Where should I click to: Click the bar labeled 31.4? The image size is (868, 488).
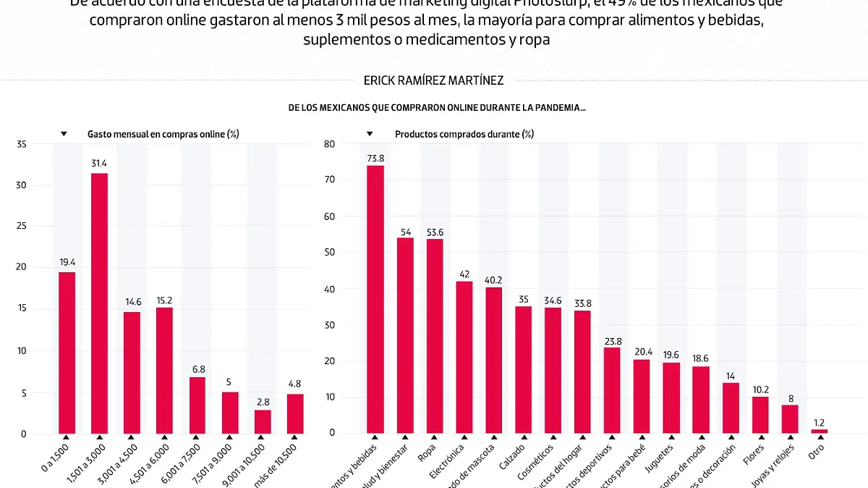click(100, 303)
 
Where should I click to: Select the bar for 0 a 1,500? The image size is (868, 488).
click(67, 353)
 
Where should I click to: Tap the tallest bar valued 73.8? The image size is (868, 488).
click(375, 299)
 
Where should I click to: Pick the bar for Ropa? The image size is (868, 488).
click(435, 336)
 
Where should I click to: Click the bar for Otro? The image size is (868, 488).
click(819, 431)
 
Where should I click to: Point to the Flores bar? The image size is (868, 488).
click(759, 415)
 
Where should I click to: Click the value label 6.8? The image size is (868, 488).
click(197, 369)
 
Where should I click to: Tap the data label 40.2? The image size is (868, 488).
click(493, 279)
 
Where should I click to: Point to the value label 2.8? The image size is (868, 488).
click(263, 402)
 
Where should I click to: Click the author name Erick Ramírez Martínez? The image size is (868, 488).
click(434, 81)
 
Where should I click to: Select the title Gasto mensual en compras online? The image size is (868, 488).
click(163, 134)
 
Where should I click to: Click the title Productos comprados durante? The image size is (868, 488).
click(464, 134)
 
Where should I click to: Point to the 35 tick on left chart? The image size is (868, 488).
click(22, 145)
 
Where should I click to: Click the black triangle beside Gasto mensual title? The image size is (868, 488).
click(64, 134)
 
